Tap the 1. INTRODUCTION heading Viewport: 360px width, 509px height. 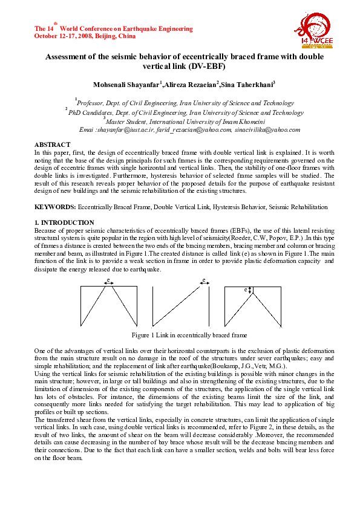pos(64,223)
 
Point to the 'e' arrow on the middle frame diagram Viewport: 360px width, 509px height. pos(205,280)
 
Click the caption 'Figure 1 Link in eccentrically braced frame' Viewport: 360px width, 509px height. pos(189,335)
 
